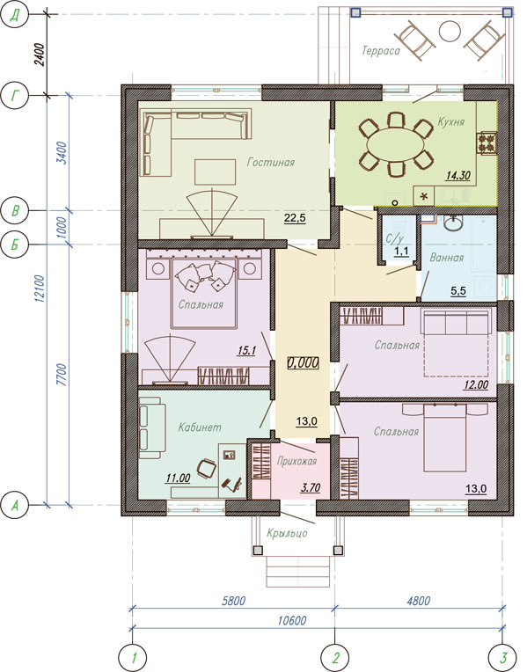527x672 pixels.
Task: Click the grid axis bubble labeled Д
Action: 16,15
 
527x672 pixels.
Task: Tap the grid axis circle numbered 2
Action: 335,657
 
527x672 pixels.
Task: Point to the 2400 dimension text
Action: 40,55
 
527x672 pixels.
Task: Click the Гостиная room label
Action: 271,163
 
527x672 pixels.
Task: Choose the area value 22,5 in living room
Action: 295,218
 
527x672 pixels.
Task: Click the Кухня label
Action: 450,121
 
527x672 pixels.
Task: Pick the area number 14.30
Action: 458,175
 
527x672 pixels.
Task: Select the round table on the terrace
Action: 450,31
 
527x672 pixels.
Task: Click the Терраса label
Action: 381,51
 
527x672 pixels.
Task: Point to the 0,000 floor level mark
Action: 304,363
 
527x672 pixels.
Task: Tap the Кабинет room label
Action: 200,427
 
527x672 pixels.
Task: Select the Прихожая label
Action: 296,461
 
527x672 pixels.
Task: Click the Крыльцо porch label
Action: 287,533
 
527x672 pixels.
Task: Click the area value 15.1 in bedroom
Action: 246,351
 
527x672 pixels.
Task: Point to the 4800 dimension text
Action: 418,601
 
